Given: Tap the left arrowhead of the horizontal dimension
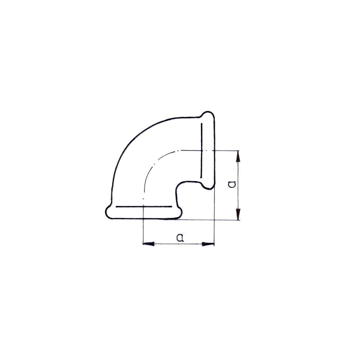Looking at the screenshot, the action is (149, 244).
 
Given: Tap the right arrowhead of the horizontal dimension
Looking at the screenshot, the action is (208, 244).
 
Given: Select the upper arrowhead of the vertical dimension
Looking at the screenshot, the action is (238, 156).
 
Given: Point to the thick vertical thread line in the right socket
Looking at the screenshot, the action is (201, 150).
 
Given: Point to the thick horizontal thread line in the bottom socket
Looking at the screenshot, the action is (144, 207).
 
